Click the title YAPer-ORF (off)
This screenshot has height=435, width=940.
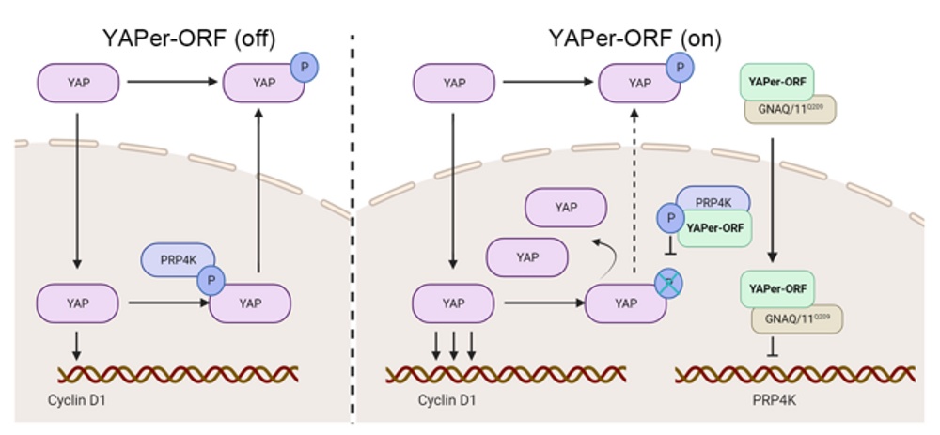190,39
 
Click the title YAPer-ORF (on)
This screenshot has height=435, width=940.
635,39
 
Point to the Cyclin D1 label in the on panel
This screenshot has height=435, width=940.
446,399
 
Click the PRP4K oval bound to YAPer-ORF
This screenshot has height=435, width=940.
713,199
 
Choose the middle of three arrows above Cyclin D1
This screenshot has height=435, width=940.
454,347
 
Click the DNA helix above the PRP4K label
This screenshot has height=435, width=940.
795,374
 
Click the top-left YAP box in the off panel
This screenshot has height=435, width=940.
79,83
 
